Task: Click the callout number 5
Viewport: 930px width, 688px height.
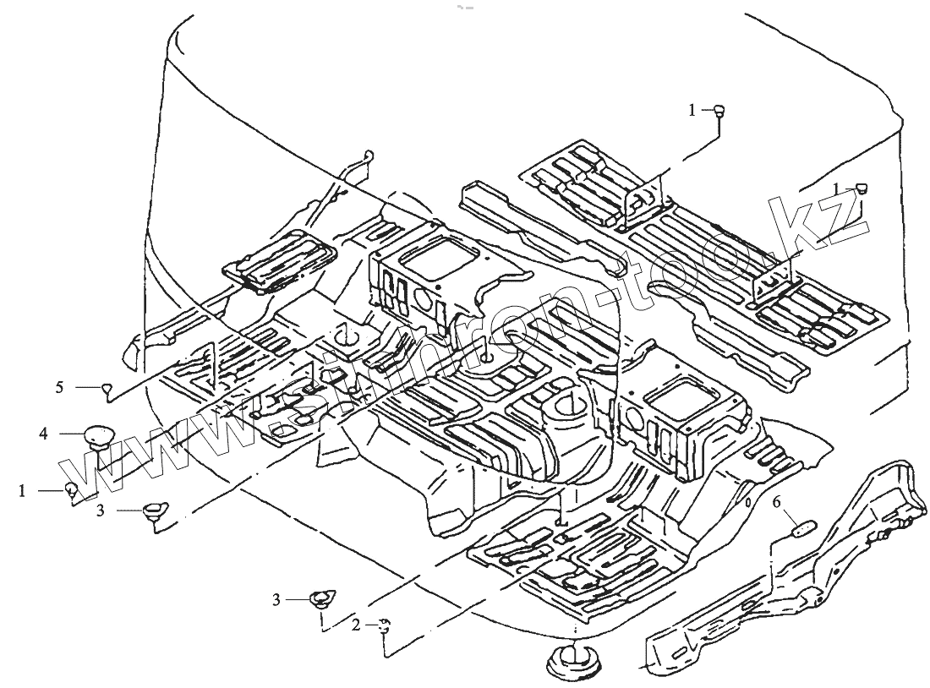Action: (59, 387)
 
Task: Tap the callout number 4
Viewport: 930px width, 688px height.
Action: (42, 434)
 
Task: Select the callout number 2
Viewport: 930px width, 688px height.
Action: (356, 625)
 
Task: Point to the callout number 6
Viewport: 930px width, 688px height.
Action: (777, 502)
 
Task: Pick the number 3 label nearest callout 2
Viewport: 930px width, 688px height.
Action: (276, 599)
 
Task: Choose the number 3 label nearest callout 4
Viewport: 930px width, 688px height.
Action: (100, 510)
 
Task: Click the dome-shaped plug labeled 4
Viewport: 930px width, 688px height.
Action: (98, 434)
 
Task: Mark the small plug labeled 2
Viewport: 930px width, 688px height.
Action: (385, 625)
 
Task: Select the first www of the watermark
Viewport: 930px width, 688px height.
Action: (135, 456)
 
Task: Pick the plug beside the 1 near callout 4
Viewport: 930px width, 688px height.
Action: (72, 489)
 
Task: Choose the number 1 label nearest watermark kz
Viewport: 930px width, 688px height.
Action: (837, 187)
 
